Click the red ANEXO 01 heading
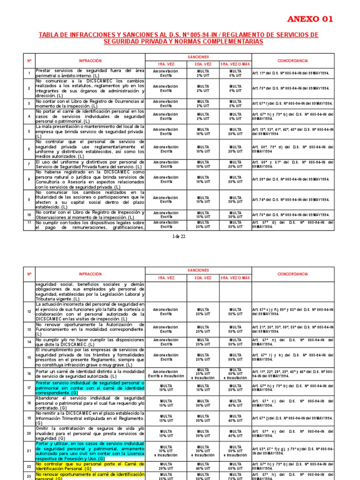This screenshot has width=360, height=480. (310, 19)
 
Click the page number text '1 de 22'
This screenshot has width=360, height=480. (180, 236)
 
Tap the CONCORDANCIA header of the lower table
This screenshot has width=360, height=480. (292, 274)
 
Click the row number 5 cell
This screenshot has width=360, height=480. (29, 132)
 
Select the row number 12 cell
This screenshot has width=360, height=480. (29, 311)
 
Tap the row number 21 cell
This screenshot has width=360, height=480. (29, 450)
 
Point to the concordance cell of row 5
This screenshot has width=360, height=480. (293, 132)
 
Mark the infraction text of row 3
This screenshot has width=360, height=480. (90, 104)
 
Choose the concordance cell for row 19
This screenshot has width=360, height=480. (293, 418)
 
